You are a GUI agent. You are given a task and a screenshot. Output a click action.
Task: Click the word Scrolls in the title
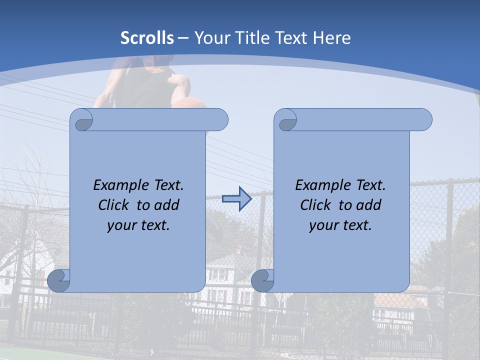(147, 38)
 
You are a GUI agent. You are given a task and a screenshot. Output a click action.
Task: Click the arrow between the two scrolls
(236, 198)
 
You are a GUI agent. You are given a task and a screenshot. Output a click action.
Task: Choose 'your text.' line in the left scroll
(138, 225)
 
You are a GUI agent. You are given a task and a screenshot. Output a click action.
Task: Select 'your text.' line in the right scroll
(340, 225)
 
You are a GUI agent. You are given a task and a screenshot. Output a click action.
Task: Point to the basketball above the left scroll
(189, 103)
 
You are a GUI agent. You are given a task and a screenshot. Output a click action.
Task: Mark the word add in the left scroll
(167, 205)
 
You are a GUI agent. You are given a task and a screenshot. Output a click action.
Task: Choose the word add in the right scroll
(369, 205)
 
